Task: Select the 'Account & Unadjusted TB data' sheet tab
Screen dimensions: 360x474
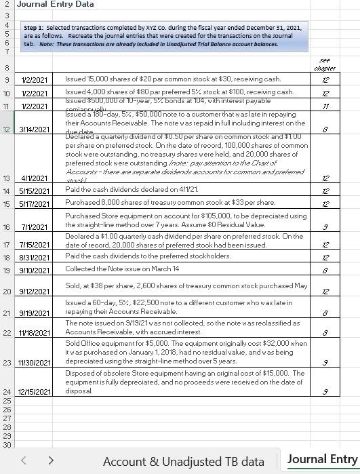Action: tap(183, 461)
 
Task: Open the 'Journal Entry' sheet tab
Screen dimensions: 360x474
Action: tap(322, 460)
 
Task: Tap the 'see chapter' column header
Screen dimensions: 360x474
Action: tap(325, 64)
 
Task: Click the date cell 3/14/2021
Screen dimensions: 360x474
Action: tap(35, 130)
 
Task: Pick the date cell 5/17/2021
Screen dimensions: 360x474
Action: tap(35, 203)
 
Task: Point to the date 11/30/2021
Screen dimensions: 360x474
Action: tap(35, 363)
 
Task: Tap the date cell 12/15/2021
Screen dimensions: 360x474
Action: tap(35, 392)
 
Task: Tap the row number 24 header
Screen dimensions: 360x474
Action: tap(7, 392)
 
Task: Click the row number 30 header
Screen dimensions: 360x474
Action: tap(7, 445)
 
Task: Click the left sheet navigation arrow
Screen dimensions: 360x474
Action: tap(23, 460)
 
